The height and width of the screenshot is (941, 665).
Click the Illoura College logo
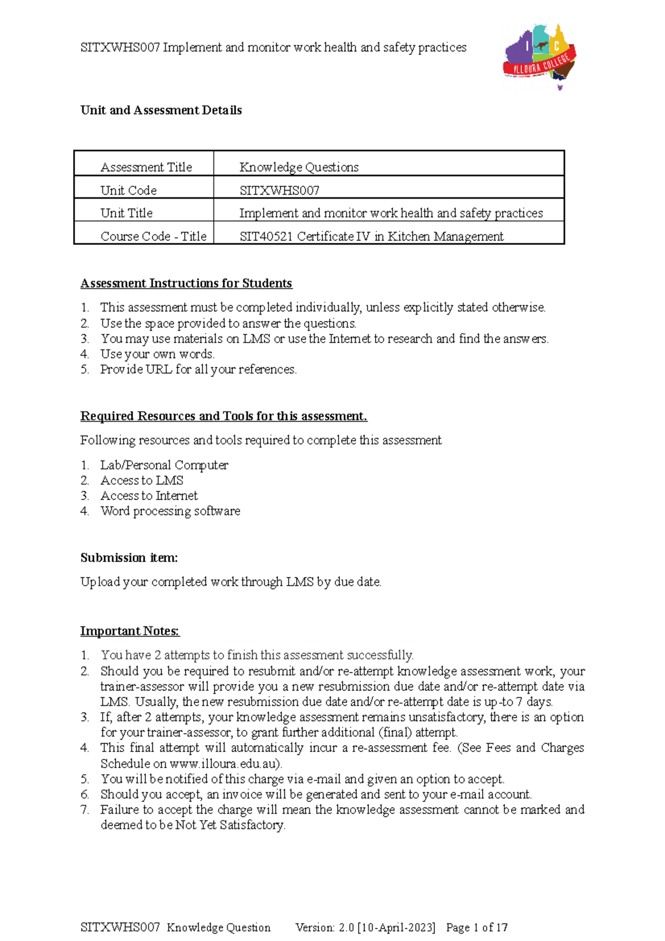[x=540, y=57]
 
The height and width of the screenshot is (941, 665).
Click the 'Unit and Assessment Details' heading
[x=161, y=110]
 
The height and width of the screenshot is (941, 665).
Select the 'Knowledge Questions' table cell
[x=299, y=167]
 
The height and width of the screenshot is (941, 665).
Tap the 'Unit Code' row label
[x=129, y=190]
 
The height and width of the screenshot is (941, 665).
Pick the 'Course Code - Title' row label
[x=154, y=236]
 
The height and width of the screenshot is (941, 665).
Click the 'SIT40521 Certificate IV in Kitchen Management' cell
[x=371, y=236]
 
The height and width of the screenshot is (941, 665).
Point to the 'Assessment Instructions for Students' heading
[x=186, y=283]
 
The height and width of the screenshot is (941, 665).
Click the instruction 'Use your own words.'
[x=157, y=354]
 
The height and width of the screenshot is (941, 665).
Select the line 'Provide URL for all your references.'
[x=198, y=369]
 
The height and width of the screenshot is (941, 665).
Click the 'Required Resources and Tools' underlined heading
[x=224, y=416]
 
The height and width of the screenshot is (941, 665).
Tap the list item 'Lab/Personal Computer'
[x=164, y=465]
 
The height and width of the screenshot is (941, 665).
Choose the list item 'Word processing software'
[x=170, y=511]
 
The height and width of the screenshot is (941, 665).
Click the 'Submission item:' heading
[x=129, y=558]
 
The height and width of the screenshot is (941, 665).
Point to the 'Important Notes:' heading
[x=130, y=631]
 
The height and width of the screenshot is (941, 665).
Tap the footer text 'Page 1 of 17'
[x=477, y=927]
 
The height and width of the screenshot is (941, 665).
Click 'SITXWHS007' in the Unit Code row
[x=279, y=190]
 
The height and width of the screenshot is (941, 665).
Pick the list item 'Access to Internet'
[x=149, y=495]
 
